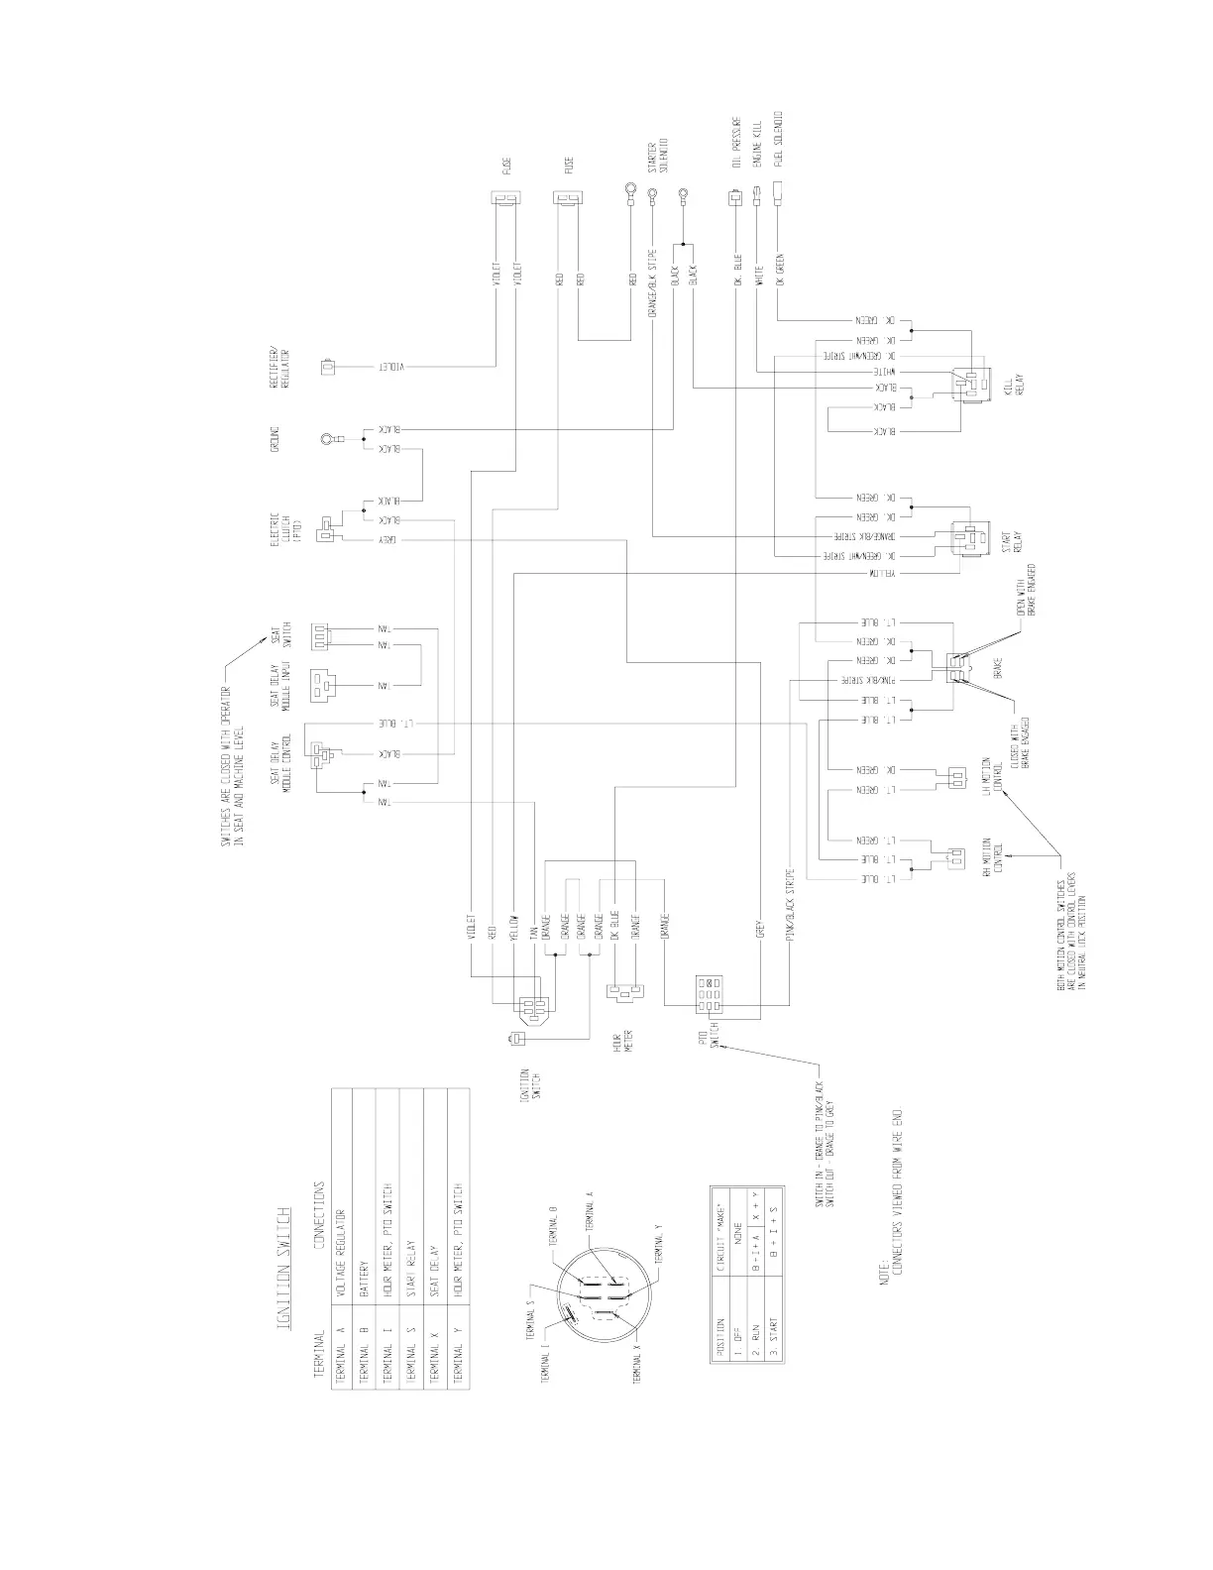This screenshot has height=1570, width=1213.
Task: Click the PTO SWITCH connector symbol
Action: [x=709, y=994]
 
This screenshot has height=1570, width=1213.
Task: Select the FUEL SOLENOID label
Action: [x=780, y=144]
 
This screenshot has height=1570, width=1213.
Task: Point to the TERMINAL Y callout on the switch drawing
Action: [x=660, y=1245]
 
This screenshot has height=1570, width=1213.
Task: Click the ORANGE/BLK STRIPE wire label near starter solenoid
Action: [x=651, y=282]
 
